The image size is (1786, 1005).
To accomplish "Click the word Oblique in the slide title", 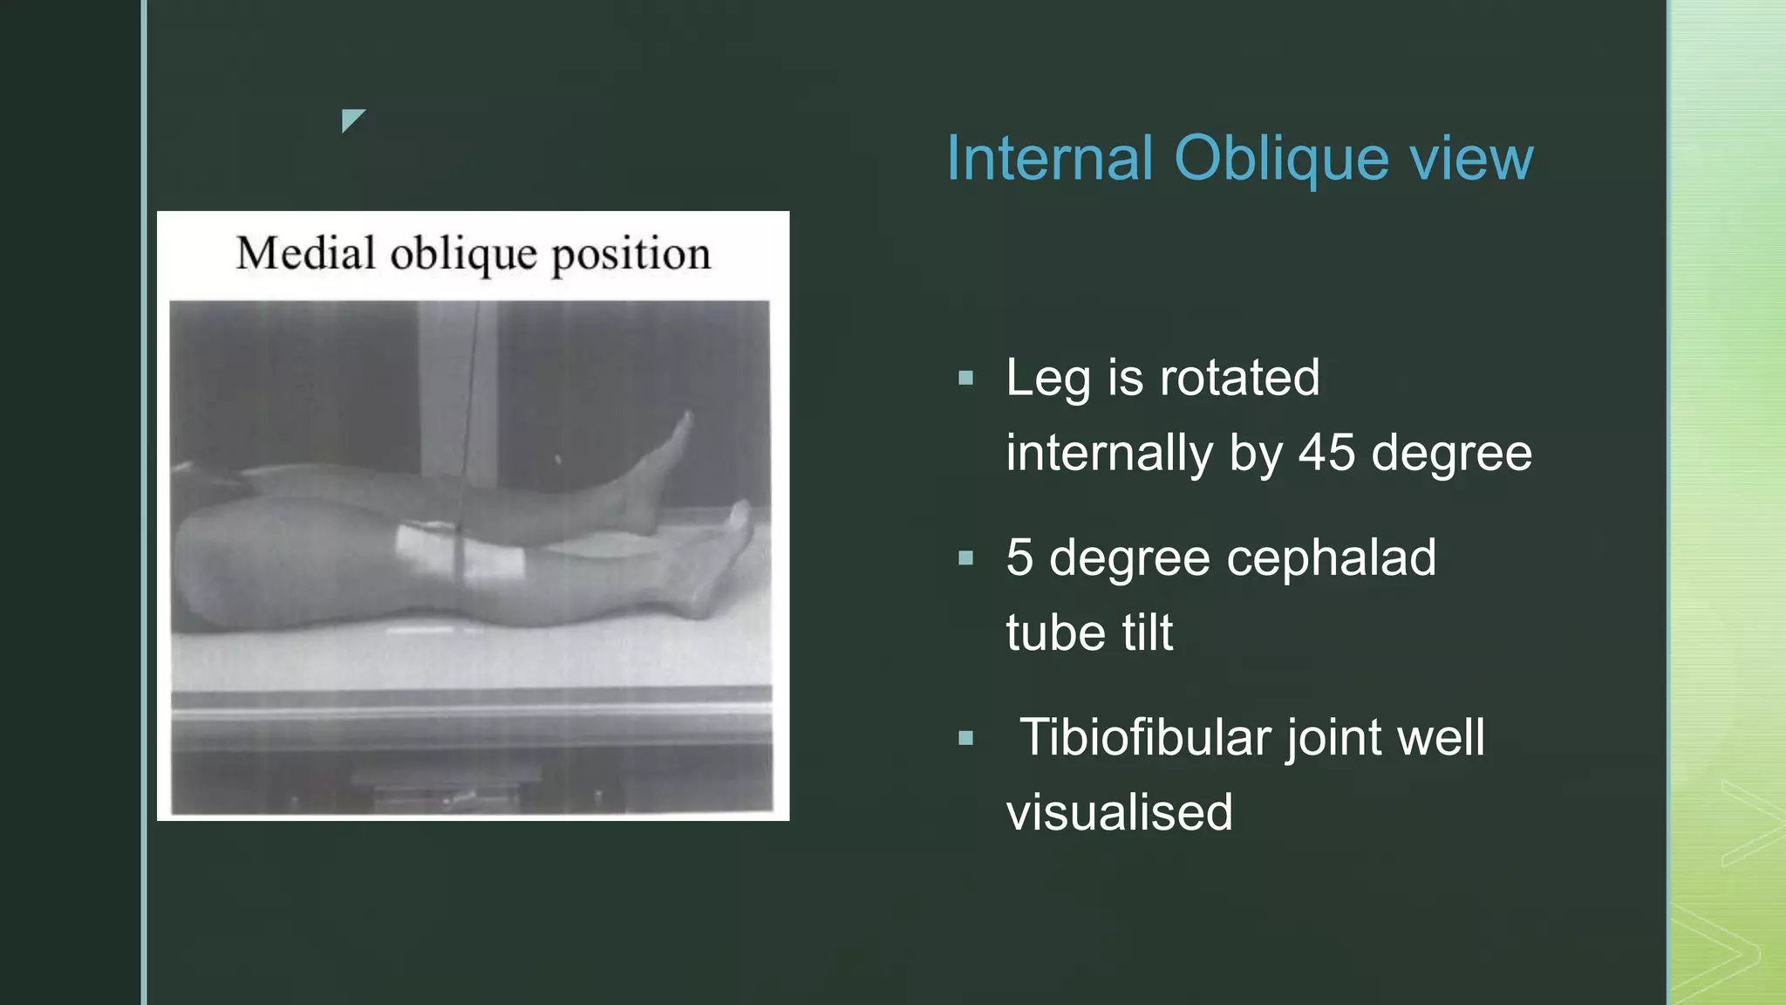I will point(1281,160).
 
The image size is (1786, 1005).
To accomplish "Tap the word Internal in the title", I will point(1049,159).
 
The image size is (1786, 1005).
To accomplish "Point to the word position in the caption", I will point(631,256).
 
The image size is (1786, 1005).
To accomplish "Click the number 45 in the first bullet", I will point(1326,453).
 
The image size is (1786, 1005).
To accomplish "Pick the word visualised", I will point(1119,812).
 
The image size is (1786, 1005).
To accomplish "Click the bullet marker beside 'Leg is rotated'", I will point(965,379).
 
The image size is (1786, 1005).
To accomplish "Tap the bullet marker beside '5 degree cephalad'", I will point(965,558).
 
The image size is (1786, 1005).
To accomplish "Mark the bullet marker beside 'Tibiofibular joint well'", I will point(965,738).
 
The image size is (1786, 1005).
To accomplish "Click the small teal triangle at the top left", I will point(351,119).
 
